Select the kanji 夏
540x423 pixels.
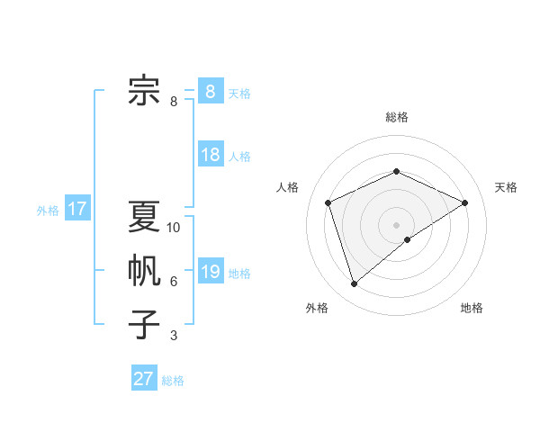[x=144, y=217]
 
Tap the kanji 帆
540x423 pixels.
[x=144, y=271]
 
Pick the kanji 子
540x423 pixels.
[x=144, y=325]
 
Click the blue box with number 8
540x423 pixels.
[x=210, y=92]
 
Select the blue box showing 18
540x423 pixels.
[x=210, y=155]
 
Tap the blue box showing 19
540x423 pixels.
[x=210, y=272]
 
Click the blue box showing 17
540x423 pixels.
[x=76, y=210]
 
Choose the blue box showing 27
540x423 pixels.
[x=143, y=379]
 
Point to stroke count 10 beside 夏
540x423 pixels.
[x=174, y=228]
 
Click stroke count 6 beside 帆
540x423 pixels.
[x=174, y=282]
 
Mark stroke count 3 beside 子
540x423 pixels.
[x=174, y=336]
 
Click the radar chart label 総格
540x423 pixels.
[x=397, y=117]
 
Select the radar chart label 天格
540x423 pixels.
[x=506, y=187]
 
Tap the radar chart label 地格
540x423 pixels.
[x=472, y=308]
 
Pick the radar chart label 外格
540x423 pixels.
[x=317, y=308]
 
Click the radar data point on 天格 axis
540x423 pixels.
[x=464, y=202]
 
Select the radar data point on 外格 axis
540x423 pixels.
[x=354, y=284]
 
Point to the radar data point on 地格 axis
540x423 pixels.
[x=408, y=239]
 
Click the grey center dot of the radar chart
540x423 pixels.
[x=397, y=224]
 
